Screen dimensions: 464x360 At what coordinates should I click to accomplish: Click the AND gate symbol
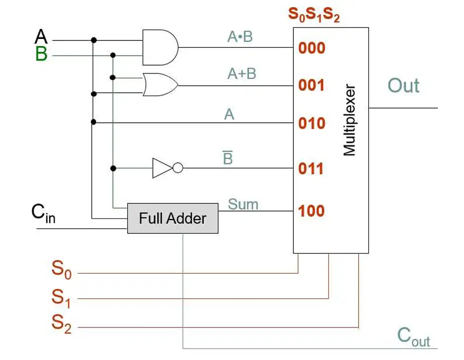click(160, 47)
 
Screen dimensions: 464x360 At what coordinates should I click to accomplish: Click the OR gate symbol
click(160, 85)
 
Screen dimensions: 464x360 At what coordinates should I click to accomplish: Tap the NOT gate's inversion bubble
click(178, 168)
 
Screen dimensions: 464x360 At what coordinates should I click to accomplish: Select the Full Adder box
click(173, 218)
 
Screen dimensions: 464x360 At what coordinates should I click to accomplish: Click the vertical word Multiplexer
click(349, 120)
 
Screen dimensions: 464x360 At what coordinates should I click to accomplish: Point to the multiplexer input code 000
click(312, 48)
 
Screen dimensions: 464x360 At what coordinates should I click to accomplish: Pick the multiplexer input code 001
click(311, 85)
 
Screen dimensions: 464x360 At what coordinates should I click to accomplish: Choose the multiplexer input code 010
click(312, 123)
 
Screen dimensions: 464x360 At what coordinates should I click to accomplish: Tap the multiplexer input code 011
click(311, 169)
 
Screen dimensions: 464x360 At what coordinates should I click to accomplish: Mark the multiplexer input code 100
click(311, 211)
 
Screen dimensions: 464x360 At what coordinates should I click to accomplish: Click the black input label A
click(41, 36)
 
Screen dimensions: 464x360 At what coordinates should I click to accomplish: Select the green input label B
click(41, 54)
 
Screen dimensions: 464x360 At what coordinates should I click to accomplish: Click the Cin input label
click(43, 213)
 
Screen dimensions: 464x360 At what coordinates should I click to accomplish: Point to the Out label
click(403, 85)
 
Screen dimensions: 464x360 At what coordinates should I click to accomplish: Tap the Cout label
click(413, 337)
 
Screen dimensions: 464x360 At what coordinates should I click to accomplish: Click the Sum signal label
click(243, 204)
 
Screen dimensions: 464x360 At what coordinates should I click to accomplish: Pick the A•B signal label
click(240, 36)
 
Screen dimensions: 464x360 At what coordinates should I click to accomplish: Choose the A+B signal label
click(242, 73)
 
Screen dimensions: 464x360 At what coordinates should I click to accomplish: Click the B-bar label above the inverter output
click(227, 157)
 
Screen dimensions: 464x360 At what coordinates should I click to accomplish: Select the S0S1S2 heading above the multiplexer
click(314, 14)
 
